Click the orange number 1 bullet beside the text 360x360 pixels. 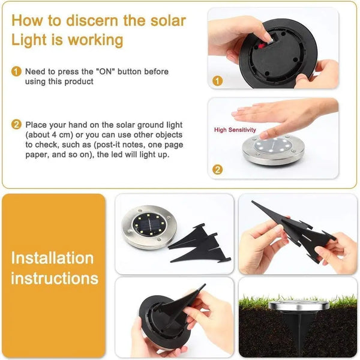(16, 72)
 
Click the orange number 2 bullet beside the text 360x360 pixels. (16, 125)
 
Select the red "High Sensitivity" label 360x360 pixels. (235, 130)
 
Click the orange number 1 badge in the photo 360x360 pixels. (218, 80)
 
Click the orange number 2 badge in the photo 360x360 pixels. (218, 170)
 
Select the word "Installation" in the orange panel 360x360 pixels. (53, 259)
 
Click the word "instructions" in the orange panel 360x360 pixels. (55, 278)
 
